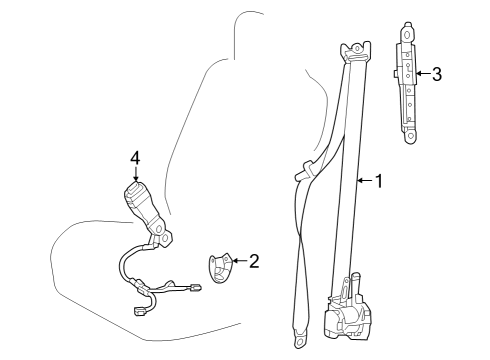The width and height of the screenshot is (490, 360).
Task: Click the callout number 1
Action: click(x=379, y=181)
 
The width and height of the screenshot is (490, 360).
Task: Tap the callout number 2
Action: click(x=254, y=261)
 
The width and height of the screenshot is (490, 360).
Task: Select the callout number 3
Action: click(x=437, y=74)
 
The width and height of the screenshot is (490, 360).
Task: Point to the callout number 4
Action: click(x=135, y=158)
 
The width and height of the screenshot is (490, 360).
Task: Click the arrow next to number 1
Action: click(x=365, y=181)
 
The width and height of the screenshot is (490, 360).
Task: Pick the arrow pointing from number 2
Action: click(x=239, y=260)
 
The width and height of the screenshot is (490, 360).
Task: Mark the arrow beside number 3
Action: click(x=423, y=73)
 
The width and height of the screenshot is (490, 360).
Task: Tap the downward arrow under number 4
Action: click(x=135, y=174)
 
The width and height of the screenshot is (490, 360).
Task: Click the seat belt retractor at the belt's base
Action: click(x=347, y=311)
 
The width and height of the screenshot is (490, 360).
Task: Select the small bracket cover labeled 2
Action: click(x=220, y=268)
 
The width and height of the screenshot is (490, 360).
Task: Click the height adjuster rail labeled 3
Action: click(x=406, y=83)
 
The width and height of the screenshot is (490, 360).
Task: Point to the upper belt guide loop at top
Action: click(x=355, y=52)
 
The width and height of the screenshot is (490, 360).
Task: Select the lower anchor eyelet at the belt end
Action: click(x=299, y=339)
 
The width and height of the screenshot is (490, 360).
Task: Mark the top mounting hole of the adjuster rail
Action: click(x=407, y=35)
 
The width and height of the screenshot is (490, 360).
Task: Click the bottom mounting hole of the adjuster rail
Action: click(x=411, y=136)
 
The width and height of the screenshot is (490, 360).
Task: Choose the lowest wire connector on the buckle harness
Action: click(x=138, y=312)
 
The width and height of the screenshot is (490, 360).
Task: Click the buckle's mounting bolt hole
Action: click(x=164, y=238)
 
